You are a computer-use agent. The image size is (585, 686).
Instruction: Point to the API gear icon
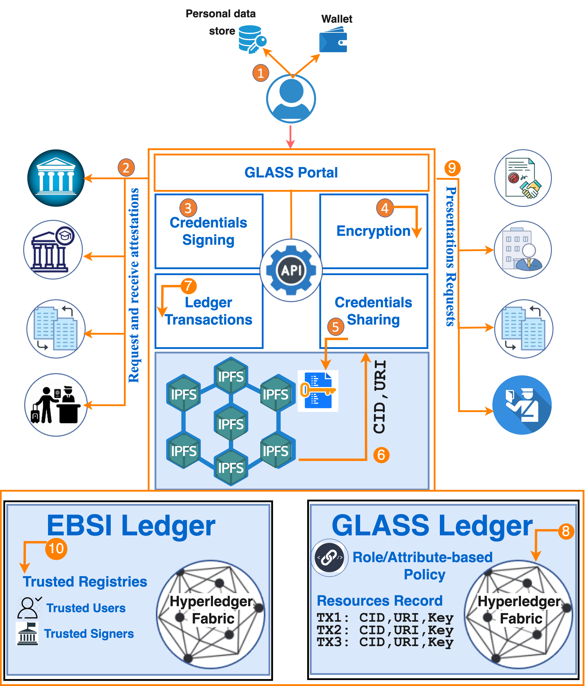291,270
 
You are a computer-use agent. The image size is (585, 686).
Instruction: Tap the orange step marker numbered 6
381,455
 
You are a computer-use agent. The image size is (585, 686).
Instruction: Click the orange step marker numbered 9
452,168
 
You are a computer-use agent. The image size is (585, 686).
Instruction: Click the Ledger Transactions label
209,311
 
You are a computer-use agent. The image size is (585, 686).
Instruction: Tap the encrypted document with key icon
318,391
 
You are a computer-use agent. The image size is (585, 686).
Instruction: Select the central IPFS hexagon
231,424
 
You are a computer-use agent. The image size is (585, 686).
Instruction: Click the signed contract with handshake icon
523,178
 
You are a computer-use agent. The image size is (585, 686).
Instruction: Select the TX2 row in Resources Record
385,630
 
